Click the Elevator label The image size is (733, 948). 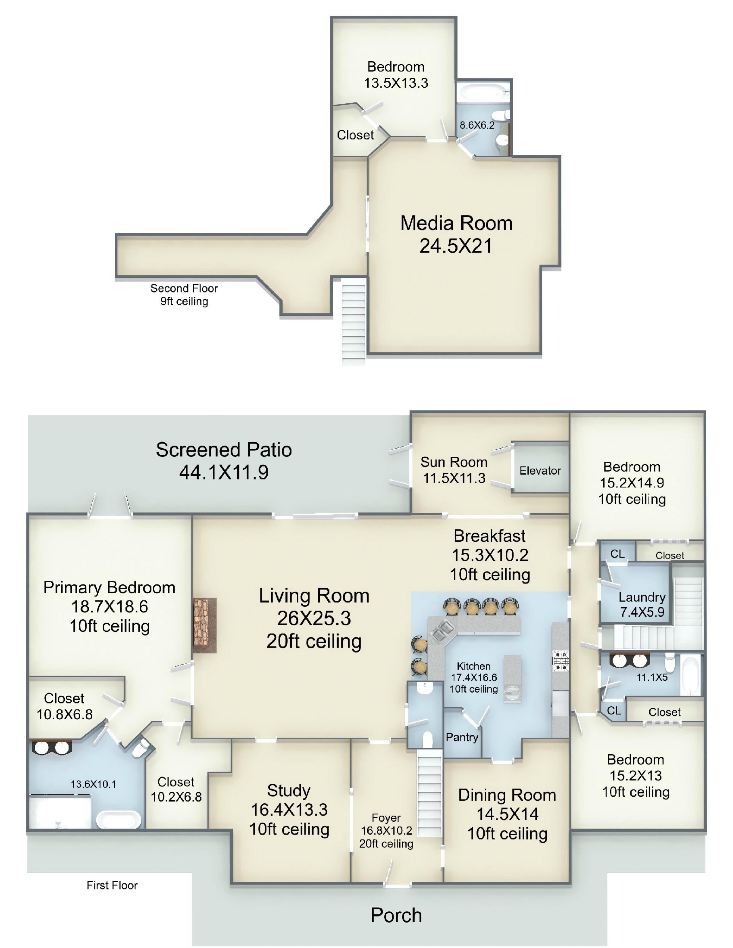(540, 471)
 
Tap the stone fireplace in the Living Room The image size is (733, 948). (205, 625)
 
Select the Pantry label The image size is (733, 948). (462, 737)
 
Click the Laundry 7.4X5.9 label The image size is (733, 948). (642, 605)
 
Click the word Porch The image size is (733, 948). (396, 915)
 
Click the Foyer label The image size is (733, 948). (386, 818)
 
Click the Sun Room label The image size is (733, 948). (454, 462)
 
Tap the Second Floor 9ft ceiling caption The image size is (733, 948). (184, 295)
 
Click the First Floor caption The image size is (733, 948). (112, 885)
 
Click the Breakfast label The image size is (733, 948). (490, 536)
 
